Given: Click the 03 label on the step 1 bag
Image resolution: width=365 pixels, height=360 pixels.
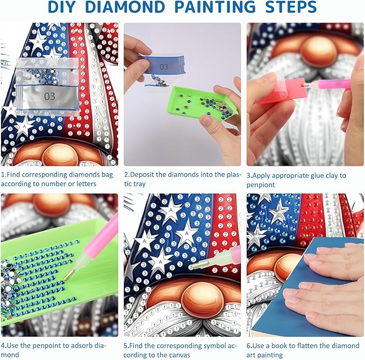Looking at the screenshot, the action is [49, 96].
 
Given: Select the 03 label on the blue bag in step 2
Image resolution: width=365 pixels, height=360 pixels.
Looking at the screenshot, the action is [163, 67].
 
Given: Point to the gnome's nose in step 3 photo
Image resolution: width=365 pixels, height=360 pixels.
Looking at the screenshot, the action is [318, 51].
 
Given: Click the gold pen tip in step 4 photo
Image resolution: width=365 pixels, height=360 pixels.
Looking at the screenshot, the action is [69, 274].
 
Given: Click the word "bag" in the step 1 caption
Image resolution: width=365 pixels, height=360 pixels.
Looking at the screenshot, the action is [107, 175].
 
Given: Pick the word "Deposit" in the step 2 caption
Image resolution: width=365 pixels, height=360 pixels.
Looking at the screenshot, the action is [142, 174].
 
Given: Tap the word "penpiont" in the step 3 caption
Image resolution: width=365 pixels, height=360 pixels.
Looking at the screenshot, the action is [261, 185].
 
